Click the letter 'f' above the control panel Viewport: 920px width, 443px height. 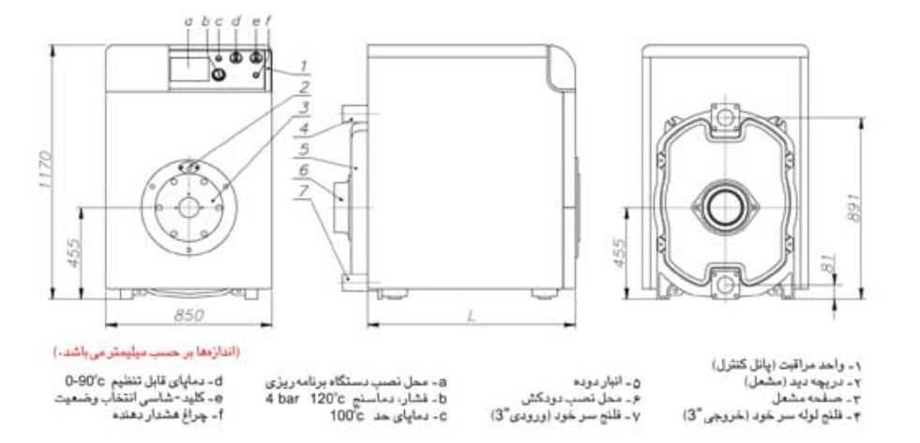[x=269, y=19]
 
